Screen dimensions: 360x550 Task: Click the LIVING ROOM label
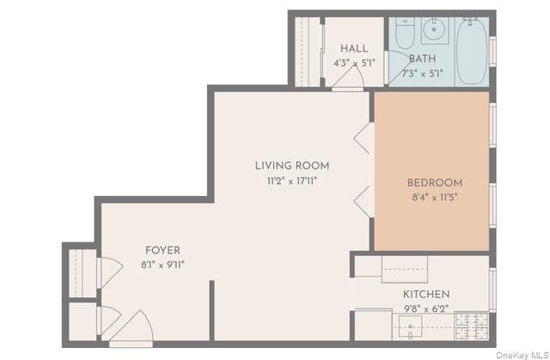[x=291, y=166]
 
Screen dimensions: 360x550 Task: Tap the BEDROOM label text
[x=434, y=183]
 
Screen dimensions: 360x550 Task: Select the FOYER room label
[x=162, y=250]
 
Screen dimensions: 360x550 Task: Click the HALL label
[x=354, y=47]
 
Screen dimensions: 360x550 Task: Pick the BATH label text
[x=422, y=59]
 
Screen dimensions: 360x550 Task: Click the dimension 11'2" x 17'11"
[x=291, y=180]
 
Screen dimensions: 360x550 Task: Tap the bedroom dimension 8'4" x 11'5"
[x=434, y=197]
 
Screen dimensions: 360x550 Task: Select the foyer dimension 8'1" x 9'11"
[x=162, y=265]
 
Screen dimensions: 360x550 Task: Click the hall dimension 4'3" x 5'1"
[x=354, y=62]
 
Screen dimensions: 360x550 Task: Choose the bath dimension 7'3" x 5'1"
[x=422, y=74]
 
